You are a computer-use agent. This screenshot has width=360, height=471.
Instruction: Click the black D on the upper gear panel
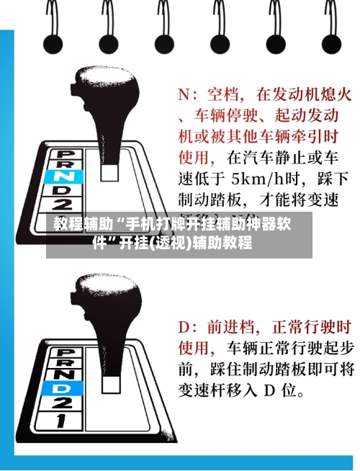pos(64,189)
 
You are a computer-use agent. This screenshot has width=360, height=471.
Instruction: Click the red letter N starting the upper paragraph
pos(184,94)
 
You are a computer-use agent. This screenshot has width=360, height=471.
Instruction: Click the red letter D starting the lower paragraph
pos(184,328)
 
